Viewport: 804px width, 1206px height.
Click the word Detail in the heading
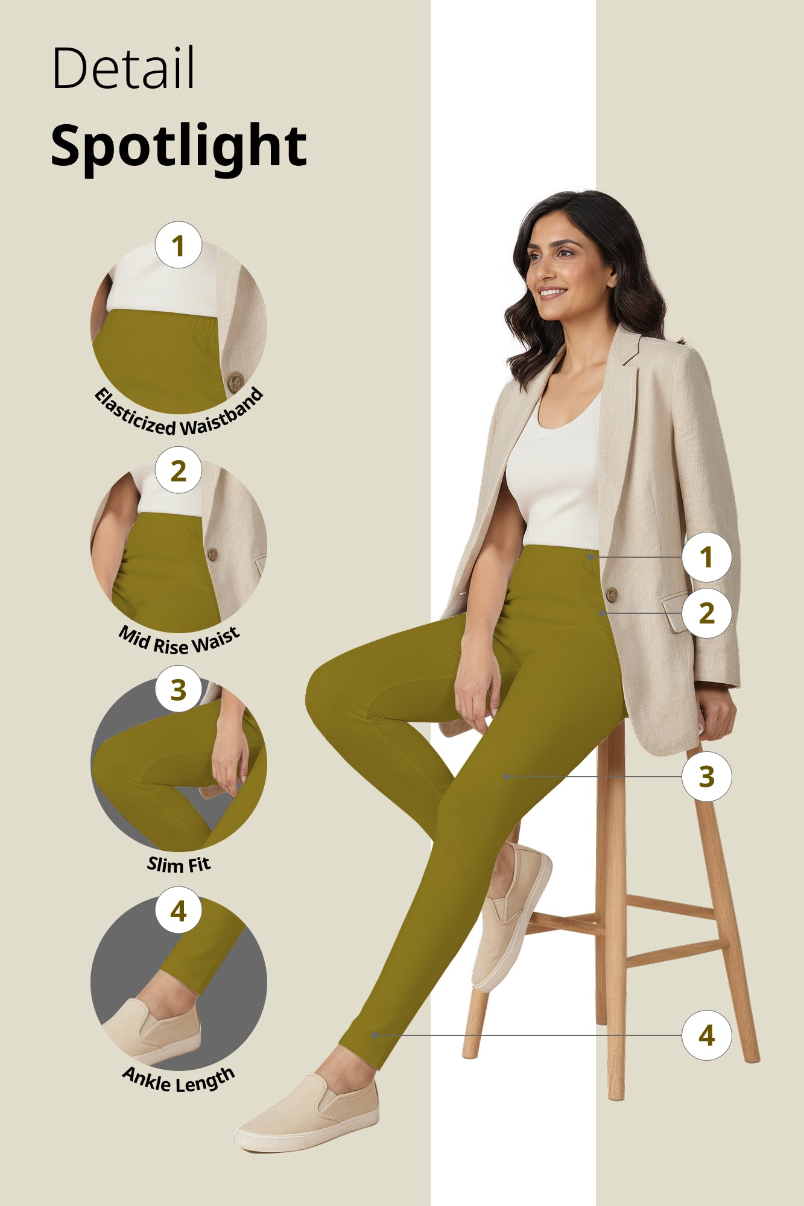[123, 68]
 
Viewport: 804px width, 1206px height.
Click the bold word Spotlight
[179, 146]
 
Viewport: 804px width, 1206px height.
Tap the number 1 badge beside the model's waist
[706, 557]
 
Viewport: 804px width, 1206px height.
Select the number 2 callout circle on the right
[706, 613]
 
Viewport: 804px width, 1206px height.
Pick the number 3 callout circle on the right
[706, 777]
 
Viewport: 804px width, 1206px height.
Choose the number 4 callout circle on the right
[706, 1035]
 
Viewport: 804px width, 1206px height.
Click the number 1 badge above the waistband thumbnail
[178, 245]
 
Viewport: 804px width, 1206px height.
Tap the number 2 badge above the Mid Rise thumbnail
[178, 470]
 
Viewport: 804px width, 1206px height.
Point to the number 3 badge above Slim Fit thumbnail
[178, 689]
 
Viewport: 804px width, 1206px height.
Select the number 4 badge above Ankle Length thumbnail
[178, 911]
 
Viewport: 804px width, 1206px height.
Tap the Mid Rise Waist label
[179, 641]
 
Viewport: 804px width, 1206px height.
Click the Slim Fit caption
[179, 865]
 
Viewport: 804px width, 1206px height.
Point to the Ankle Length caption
[179, 1080]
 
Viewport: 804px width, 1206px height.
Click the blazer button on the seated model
[611, 595]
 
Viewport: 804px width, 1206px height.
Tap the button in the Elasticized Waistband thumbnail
[235, 381]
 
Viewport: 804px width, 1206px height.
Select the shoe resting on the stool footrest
[510, 917]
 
